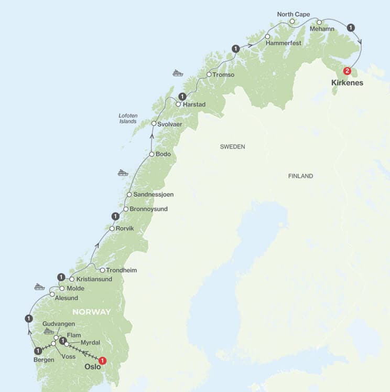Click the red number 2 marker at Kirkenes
point(346,71)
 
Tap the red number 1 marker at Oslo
point(103,361)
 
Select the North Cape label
point(294,14)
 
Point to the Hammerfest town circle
point(267,36)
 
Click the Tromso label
point(224,75)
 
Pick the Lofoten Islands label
point(127,118)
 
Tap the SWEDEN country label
point(232,147)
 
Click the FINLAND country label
point(300,176)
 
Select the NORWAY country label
point(92,312)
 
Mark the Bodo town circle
point(151,154)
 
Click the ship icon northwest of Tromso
point(178,73)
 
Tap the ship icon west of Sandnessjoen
point(123,172)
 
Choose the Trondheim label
point(122,270)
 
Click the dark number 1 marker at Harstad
point(182,96)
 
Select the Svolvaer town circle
point(154,124)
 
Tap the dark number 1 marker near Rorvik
point(116,216)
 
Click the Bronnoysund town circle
point(126,209)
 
